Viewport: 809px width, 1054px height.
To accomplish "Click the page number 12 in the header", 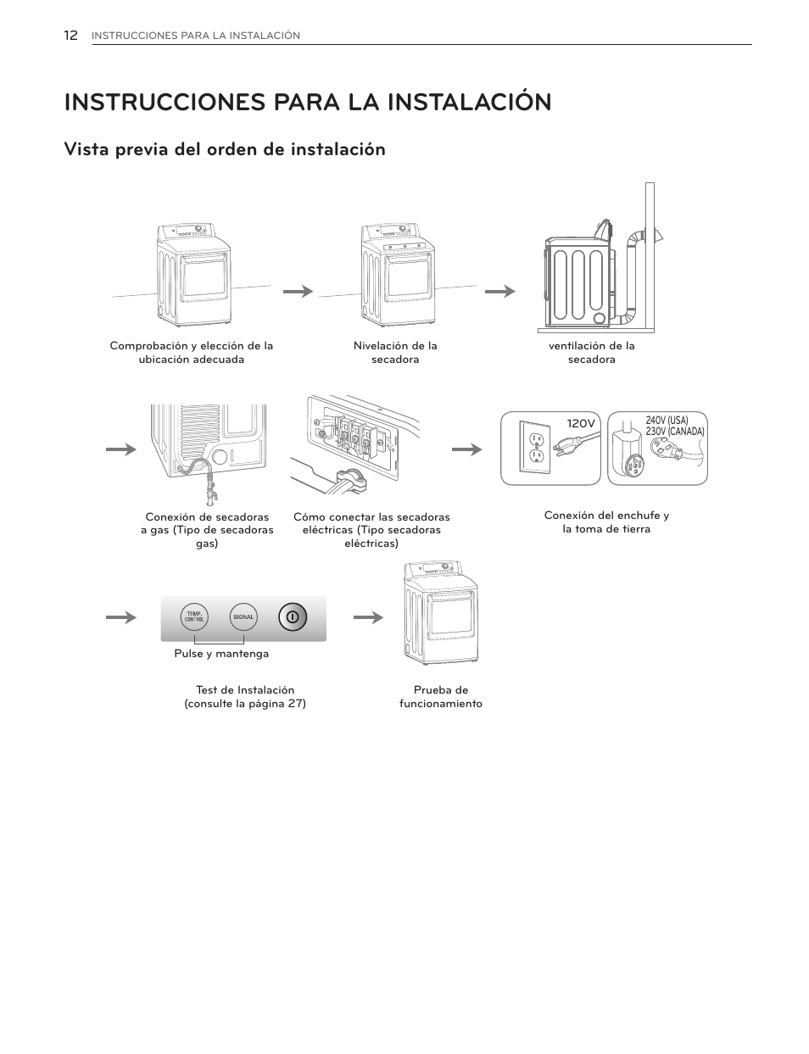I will [70, 35].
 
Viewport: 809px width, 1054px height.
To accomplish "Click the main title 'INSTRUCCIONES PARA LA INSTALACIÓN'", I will [307, 102].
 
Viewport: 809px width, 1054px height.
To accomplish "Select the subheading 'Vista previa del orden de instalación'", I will [225, 149].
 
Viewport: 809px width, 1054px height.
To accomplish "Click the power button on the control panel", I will [292, 617].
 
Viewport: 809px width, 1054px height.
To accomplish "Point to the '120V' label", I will [582, 422].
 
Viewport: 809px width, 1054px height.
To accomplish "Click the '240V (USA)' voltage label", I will [667, 421].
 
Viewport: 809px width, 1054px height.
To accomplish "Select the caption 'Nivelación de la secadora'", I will [395, 353].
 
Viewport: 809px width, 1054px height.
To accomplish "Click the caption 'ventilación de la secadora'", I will [591, 353].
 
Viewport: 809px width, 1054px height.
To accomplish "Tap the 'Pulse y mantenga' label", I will [221, 654].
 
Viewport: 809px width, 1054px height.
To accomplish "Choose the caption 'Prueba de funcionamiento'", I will [440, 697].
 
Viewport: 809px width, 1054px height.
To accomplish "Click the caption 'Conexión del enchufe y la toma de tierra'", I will [606, 522].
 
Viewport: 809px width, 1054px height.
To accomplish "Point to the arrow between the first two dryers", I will [298, 291].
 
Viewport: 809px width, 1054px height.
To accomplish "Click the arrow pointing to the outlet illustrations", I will [466, 449].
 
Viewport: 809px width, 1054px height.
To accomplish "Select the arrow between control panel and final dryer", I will [368, 617].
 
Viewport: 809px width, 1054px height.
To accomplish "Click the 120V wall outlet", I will [536, 448].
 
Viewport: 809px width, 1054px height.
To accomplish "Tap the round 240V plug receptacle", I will [632, 466].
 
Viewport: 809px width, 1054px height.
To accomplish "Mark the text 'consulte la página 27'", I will [245, 704].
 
